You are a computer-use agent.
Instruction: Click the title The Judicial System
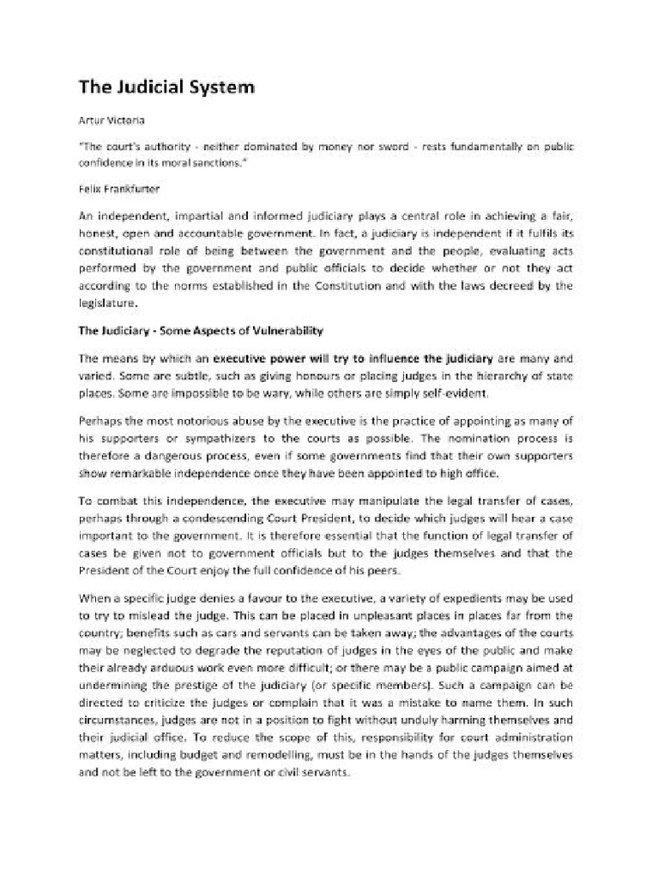click(x=166, y=87)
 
